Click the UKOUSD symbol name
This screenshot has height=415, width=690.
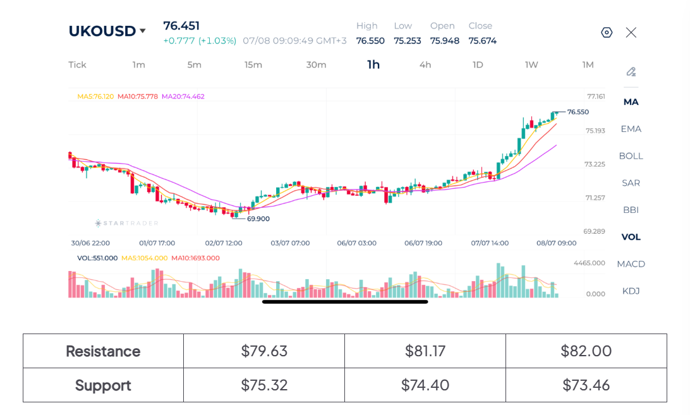[102, 31]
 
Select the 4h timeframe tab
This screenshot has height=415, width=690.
[425, 64]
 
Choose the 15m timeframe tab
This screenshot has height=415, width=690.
[253, 64]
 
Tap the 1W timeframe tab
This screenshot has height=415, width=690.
[531, 64]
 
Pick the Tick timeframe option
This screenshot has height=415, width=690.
[78, 64]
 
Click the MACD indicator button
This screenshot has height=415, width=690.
[631, 264]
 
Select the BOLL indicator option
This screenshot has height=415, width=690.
[631, 156]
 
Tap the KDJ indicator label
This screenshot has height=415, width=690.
[631, 291]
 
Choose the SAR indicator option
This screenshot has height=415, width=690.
[631, 183]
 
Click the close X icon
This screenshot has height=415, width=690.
[631, 33]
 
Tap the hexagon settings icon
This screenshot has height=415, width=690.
[607, 33]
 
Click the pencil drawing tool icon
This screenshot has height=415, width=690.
[631, 72]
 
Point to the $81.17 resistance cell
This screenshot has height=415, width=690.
[425, 351]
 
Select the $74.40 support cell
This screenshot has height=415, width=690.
[425, 385]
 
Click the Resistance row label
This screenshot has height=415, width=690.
[103, 351]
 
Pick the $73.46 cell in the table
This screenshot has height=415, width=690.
[586, 385]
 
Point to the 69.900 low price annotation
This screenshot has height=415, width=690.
[258, 219]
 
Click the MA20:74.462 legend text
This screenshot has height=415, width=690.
[183, 97]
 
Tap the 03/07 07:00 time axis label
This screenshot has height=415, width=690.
[290, 243]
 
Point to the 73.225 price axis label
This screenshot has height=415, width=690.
[595, 164]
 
